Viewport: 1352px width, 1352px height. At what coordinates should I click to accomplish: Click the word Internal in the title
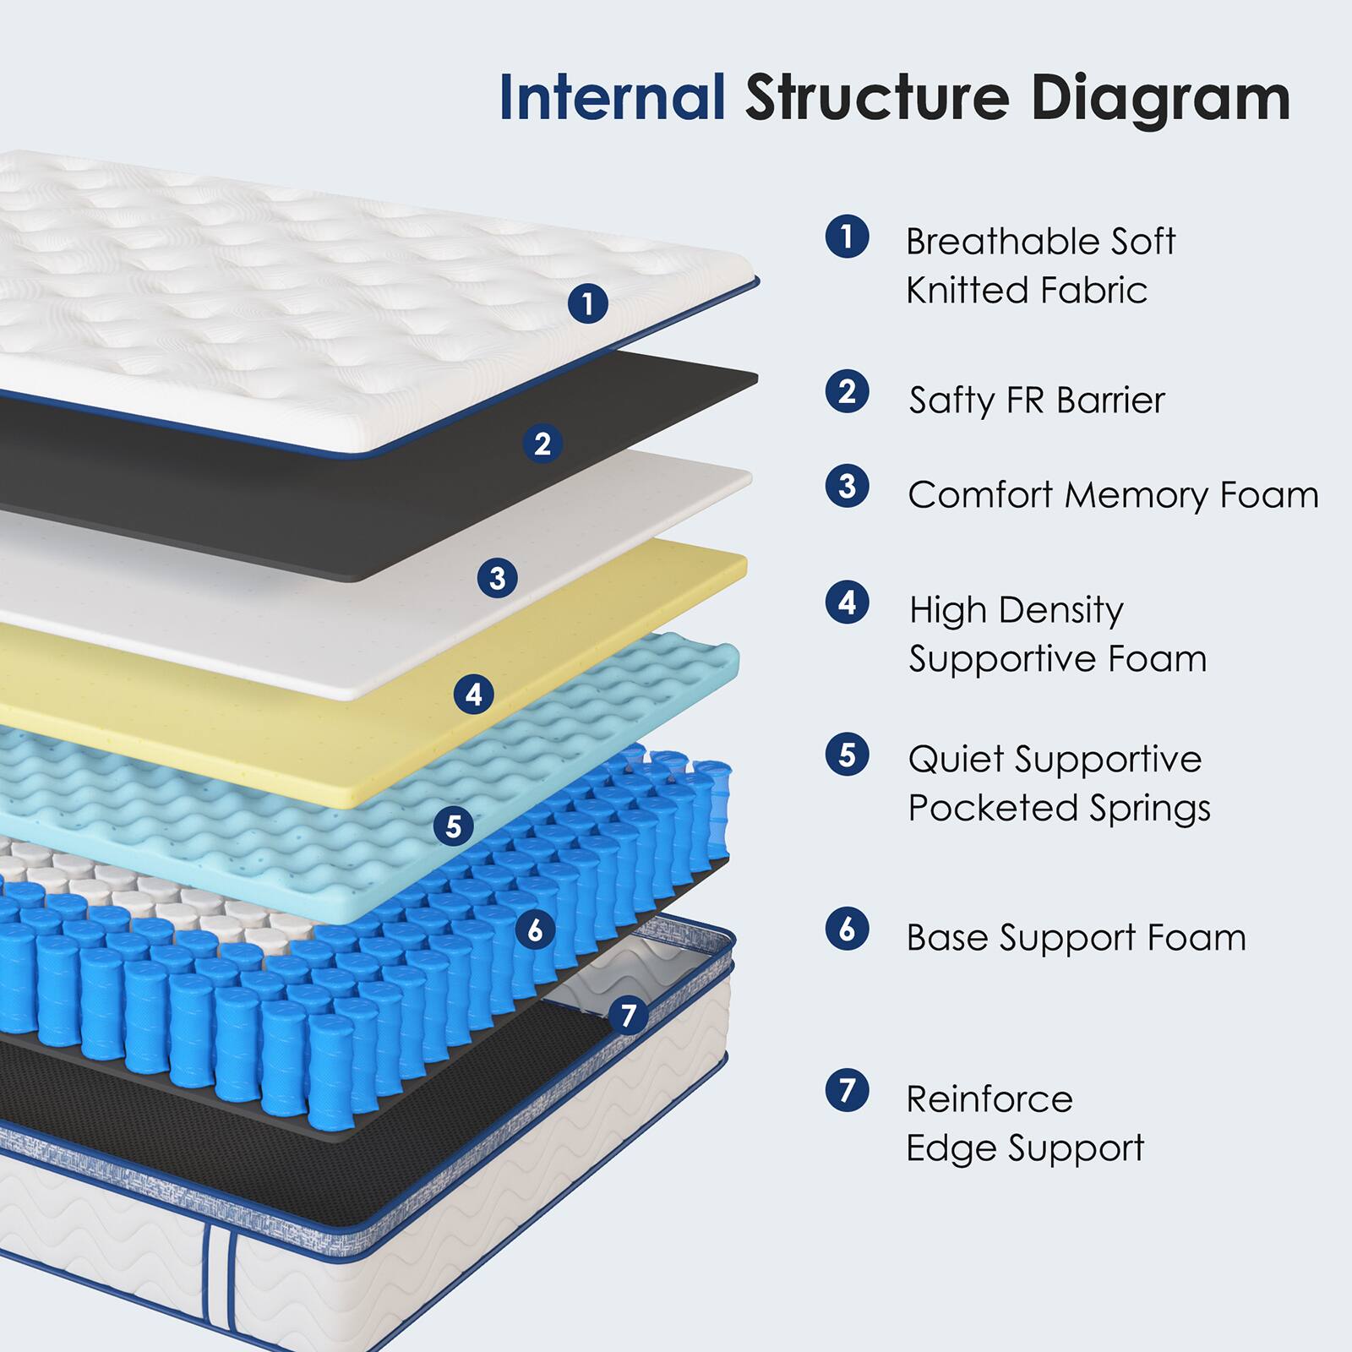[612, 98]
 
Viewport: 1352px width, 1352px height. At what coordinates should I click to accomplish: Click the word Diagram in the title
[1160, 100]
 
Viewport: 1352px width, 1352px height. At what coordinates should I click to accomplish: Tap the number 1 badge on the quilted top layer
[587, 303]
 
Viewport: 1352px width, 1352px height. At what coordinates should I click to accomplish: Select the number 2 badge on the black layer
[542, 444]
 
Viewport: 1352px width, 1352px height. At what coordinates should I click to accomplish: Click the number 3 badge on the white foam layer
[497, 578]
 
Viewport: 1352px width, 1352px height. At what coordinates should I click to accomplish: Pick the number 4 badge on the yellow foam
[474, 695]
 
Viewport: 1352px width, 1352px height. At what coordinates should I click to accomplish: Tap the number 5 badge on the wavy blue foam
[454, 826]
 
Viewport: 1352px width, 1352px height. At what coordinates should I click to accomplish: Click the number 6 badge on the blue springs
[535, 930]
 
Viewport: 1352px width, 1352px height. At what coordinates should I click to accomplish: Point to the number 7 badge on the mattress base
[628, 1015]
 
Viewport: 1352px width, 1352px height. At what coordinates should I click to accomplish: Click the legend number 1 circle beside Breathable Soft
[847, 237]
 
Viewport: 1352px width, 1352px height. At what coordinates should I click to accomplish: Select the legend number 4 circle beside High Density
[847, 603]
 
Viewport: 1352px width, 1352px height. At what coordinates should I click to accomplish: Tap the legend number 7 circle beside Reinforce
[847, 1090]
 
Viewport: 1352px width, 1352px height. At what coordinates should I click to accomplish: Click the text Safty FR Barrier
[1036, 400]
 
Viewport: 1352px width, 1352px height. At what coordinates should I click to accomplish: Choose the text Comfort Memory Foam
[1112, 495]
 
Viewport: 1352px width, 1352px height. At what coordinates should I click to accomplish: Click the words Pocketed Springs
[1059, 808]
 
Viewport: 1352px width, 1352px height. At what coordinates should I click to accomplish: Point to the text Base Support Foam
[1076, 938]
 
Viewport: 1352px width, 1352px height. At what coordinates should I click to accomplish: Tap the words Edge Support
[1024, 1148]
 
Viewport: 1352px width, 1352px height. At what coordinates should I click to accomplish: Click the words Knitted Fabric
[1026, 291]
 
